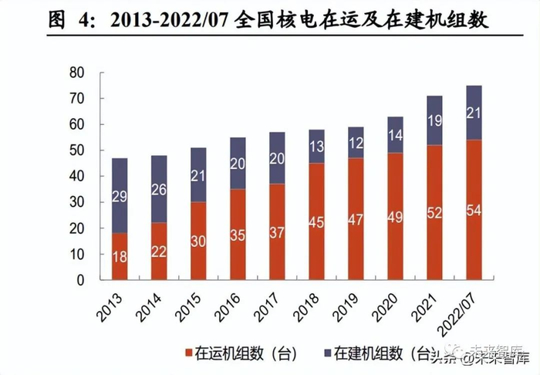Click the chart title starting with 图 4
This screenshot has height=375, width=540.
[x=269, y=19]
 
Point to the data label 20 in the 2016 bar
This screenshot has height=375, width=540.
[x=238, y=164]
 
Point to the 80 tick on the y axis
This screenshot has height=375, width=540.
[x=76, y=72]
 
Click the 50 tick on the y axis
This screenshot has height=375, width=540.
[x=76, y=150]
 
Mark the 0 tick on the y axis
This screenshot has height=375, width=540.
[x=80, y=280]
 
